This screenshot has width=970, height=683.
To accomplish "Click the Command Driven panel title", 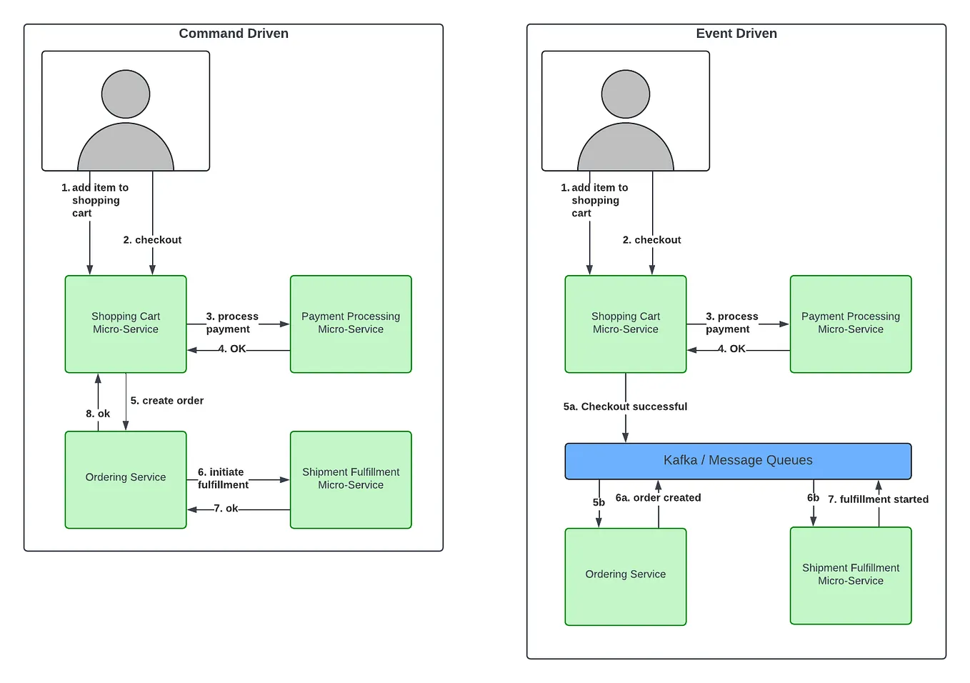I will click(234, 34).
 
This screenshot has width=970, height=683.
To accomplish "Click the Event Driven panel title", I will click(736, 34).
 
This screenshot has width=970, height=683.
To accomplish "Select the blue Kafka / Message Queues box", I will click(738, 461).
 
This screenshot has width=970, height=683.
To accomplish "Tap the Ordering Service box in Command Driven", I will click(126, 479).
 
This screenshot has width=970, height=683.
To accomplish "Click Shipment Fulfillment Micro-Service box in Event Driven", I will click(850, 575).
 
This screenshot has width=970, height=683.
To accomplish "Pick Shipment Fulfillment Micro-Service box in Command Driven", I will click(351, 479).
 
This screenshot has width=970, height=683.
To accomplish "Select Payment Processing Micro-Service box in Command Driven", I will click(351, 324).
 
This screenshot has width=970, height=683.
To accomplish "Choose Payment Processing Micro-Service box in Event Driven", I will click(850, 324).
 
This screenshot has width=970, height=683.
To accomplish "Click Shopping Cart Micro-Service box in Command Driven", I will click(126, 324).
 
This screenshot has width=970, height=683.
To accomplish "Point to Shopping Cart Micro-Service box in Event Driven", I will click(625, 324).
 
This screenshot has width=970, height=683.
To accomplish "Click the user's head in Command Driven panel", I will click(126, 94).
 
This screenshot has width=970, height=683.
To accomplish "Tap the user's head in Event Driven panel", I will click(625, 94).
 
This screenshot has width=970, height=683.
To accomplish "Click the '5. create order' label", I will click(167, 401).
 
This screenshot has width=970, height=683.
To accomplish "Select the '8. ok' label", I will click(98, 414).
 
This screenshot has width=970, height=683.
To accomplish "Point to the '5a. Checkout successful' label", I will click(625, 407).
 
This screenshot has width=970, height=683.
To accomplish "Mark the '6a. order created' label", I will click(658, 498).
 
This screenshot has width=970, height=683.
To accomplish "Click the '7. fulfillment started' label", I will click(878, 499).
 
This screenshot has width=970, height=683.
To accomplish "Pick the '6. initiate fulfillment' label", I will click(223, 479).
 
